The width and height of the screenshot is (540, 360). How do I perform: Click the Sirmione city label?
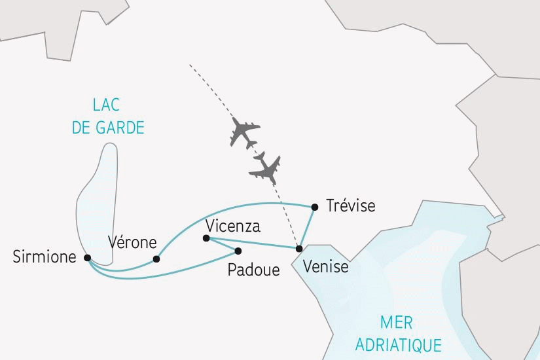(x=45, y=258)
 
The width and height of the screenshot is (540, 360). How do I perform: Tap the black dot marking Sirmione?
(x=88, y=258)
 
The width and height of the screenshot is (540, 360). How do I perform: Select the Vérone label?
(x=132, y=242)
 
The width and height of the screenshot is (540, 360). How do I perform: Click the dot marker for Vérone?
(x=156, y=259)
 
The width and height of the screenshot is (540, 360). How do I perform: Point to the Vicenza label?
(x=232, y=226)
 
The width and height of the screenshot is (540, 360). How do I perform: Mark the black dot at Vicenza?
(x=206, y=239)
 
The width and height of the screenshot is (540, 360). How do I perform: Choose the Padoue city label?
(x=253, y=270)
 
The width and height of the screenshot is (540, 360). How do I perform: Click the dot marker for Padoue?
(x=238, y=251)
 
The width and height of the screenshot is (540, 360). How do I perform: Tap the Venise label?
(x=326, y=268)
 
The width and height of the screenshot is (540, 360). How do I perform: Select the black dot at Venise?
(x=299, y=249)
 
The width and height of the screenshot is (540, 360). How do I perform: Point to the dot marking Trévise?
(x=315, y=207)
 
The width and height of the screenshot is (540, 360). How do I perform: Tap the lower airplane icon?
(x=266, y=168)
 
